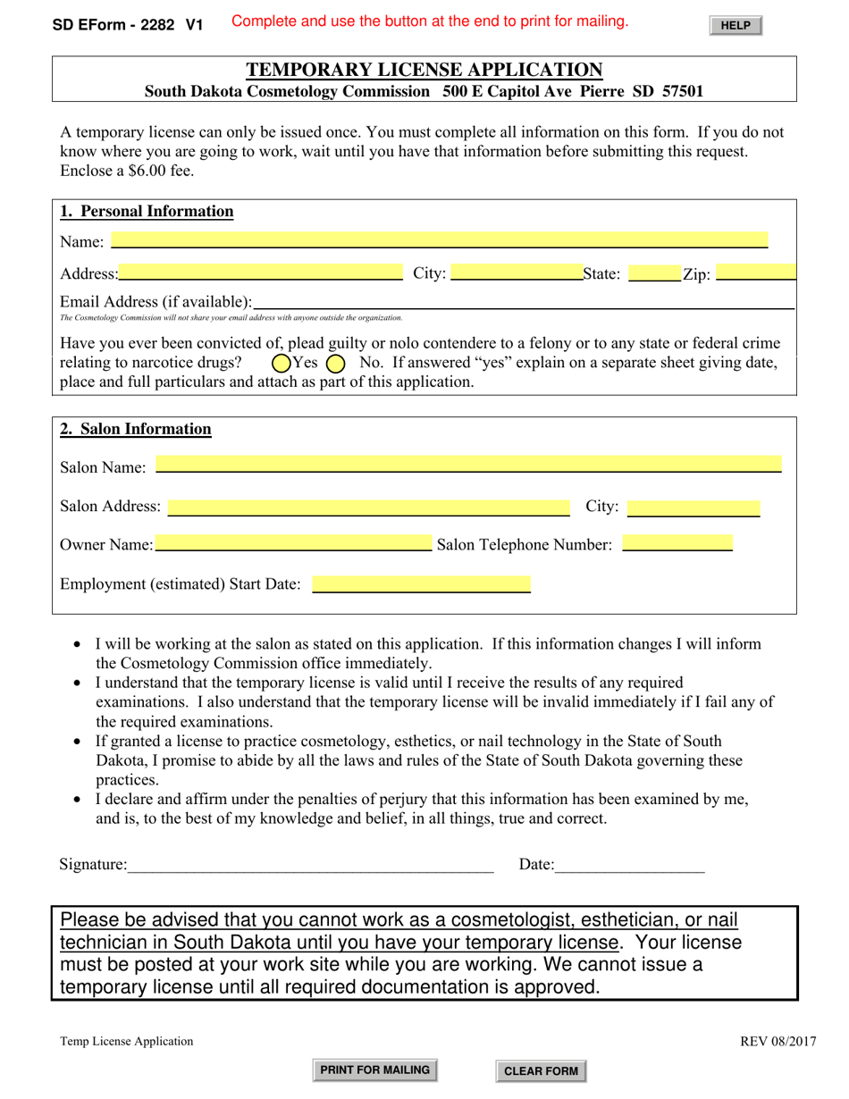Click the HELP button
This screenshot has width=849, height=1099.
tap(736, 26)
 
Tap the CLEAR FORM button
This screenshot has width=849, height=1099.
tap(541, 1071)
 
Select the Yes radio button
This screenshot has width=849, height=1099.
tap(281, 364)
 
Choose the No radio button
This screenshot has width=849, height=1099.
tap(336, 364)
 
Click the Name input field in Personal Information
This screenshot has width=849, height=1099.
tap(439, 240)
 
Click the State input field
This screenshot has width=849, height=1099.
tap(654, 273)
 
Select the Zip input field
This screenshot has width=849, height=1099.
tap(755, 273)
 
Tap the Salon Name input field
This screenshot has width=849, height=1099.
tap(468, 465)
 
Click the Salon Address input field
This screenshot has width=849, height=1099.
tap(368, 508)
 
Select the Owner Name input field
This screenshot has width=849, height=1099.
tap(292, 543)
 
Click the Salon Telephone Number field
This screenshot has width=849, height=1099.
tap(677, 543)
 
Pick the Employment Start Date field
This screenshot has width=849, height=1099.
tap(421, 585)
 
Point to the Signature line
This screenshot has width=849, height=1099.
tap(310, 864)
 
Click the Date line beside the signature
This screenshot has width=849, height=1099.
tap(629, 864)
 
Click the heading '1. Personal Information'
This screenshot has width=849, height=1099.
tap(147, 212)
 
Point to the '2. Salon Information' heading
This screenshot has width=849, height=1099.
tap(136, 429)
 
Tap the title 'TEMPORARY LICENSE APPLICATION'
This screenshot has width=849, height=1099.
tap(424, 70)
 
